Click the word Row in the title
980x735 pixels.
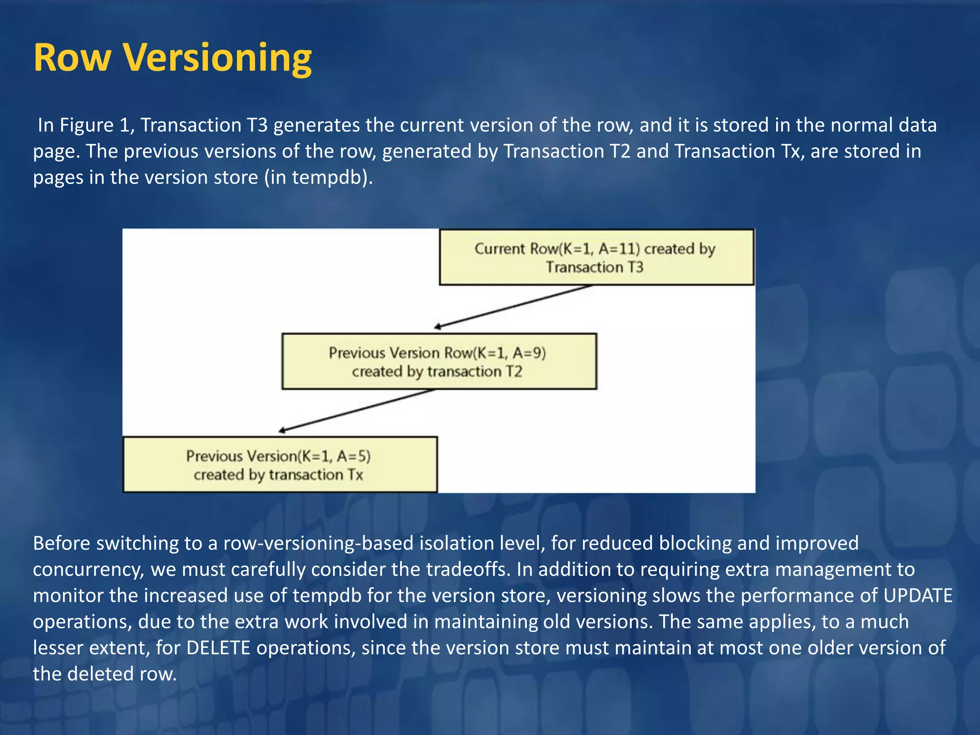click(72, 57)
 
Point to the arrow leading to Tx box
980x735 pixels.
click(356, 411)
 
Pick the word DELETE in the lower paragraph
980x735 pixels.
click(218, 648)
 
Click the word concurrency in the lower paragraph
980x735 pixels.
click(89, 569)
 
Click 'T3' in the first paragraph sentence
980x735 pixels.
click(257, 125)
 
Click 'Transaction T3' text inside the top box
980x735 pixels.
click(595, 267)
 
